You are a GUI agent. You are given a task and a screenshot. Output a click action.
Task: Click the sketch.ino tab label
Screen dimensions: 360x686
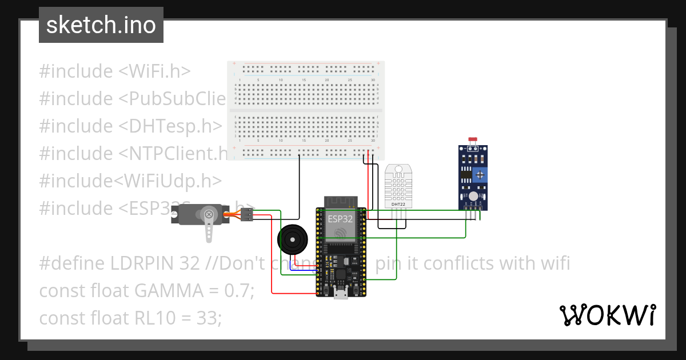[x=101, y=26]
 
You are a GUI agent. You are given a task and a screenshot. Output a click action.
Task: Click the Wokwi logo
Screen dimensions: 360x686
[x=607, y=315]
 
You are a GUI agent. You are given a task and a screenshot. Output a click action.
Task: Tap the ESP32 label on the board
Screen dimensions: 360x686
[x=340, y=218]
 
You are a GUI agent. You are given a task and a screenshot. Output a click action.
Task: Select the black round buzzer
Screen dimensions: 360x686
[x=292, y=239]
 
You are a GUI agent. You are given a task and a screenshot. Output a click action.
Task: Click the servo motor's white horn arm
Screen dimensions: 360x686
[x=210, y=226]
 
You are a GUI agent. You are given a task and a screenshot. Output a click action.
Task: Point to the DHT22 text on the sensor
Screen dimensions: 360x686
[x=398, y=204]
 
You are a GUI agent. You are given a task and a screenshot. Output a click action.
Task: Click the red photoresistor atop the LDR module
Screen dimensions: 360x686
[x=472, y=140]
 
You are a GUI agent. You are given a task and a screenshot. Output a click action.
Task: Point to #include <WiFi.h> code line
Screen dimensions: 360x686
[x=114, y=71]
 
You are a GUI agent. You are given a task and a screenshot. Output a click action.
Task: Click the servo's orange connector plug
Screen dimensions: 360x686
[x=246, y=215]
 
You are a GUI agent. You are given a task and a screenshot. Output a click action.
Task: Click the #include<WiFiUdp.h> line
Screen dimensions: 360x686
[x=130, y=181]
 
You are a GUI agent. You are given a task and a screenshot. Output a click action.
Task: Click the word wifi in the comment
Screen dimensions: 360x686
[x=551, y=263]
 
